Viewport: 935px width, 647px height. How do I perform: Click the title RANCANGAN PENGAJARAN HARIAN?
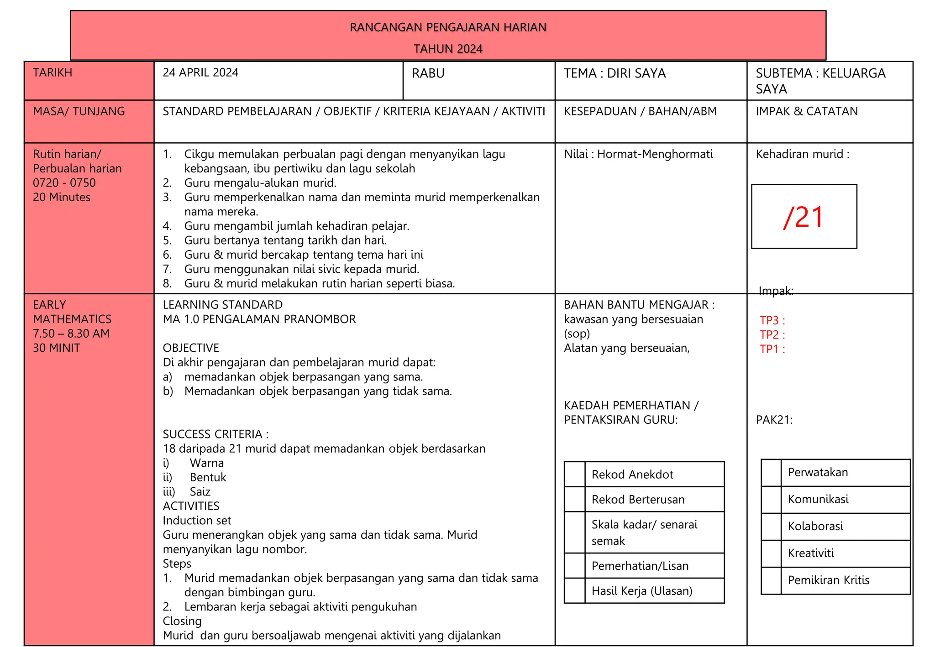click(448, 27)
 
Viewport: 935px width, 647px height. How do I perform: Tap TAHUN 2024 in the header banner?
click(448, 49)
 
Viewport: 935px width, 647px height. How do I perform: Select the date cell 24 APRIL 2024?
click(200, 73)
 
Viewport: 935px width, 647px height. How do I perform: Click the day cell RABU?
click(428, 73)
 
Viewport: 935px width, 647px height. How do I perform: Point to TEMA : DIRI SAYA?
click(615, 73)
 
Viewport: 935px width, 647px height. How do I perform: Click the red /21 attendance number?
click(804, 217)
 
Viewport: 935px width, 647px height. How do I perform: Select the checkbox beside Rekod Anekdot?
click(574, 475)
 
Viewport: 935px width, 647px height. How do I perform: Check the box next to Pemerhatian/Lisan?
click(574, 566)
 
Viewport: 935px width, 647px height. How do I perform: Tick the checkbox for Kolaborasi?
click(771, 527)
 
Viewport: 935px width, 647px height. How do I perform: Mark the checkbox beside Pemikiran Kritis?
click(771, 580)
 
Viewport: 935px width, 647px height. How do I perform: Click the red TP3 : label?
click(772, 320)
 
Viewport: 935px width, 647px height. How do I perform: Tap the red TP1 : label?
click(772, 349)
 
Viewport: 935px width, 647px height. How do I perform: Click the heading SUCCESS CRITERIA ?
click(215, 434)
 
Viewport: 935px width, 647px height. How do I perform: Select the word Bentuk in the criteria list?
click(208, 477)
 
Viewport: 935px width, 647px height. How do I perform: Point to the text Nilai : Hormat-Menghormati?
click(638, 154)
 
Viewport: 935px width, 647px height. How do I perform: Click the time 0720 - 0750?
click(64, 183)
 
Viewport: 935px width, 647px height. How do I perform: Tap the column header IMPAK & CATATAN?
click(807, 111)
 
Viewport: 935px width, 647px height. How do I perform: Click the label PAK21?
click(774, 420)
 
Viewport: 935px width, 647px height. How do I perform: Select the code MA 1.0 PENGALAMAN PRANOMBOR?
click(259, 319)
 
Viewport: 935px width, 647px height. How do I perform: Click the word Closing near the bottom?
click(182, 621)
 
